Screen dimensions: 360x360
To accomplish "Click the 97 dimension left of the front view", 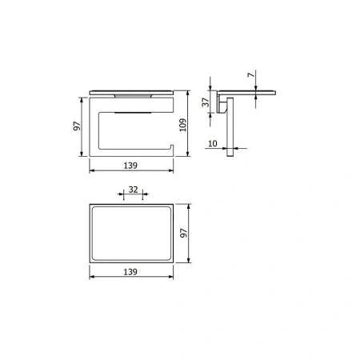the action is tap(77, 126).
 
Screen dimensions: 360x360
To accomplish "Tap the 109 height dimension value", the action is tap(183, 125).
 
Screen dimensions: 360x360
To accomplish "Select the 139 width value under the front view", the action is tap(130, 166).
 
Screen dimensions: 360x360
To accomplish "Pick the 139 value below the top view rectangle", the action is tap(130, 272).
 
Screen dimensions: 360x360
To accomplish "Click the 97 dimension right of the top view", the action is tap(184, 233).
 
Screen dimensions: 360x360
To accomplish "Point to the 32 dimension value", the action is tap(134, 190).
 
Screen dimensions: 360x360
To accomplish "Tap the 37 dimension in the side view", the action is tap(206, 102).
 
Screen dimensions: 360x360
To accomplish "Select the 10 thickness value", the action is tap(213, 143).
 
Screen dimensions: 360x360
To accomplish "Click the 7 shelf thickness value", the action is tap(251, 75).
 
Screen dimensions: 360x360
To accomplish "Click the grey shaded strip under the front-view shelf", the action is tap(133, 96).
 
